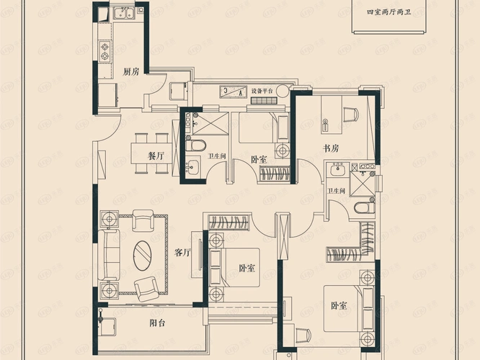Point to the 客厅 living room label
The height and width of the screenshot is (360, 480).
tap(182, 253)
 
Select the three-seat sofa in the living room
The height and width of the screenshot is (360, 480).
tap(112, 253)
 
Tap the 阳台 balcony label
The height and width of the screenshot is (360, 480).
tap(158, 323)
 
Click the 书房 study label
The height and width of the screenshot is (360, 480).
tap(331, 149)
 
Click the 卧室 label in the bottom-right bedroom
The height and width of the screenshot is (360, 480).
tap(340, 306)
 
